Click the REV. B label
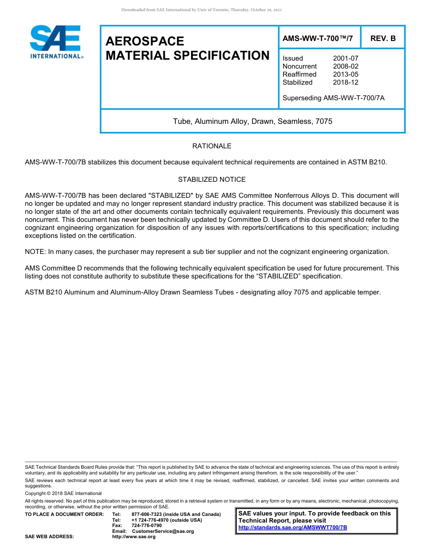[383, 39]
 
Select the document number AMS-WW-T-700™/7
[317, 39]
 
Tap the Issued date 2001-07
[345, 58]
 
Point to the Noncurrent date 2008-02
[345, 66]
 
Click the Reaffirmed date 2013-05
[345, 74]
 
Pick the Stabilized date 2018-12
[345, 82]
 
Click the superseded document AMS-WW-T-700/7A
[353, 98]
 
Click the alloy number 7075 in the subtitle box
[324, 121]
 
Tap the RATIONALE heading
[212, 146]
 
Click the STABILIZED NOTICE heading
[212, 180]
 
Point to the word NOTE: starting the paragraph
[36, 252]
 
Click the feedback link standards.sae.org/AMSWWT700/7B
[293, 528]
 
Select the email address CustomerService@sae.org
[163, 531]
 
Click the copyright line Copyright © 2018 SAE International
[63, 493]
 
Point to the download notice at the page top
[201, 10]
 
